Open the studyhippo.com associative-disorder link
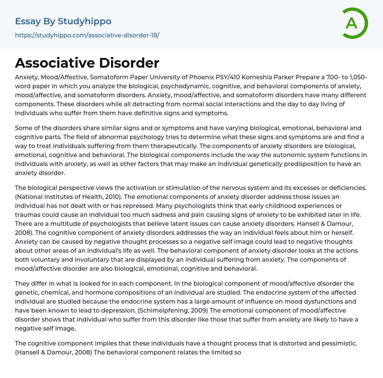pyautogui.click(x=87, y=35)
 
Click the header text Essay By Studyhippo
pyautogui.click(x=63, y=21)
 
